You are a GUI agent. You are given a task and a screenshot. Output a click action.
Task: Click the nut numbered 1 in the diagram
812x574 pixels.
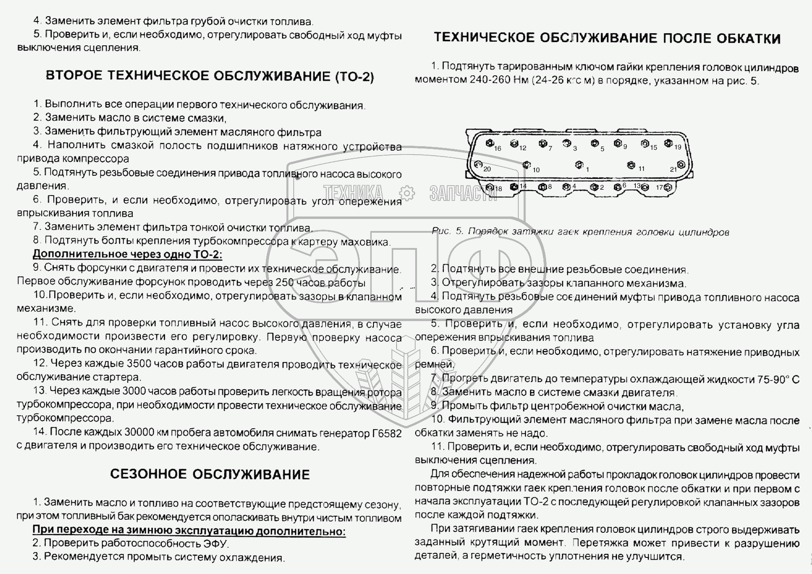point(578,165)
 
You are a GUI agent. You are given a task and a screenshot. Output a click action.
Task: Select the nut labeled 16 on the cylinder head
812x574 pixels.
point(489,143)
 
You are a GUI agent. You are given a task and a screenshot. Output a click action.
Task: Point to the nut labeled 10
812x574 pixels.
point(526,165)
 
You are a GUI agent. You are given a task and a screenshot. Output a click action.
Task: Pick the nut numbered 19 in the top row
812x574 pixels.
point(668,143)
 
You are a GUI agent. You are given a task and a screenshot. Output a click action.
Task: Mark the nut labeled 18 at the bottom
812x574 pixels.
point(490,187)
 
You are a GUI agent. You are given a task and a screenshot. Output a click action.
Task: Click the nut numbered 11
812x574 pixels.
point(631,165)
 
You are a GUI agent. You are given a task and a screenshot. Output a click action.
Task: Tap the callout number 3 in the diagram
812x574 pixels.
point(575,148)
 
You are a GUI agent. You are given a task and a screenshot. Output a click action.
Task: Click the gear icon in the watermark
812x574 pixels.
point(406,193)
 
